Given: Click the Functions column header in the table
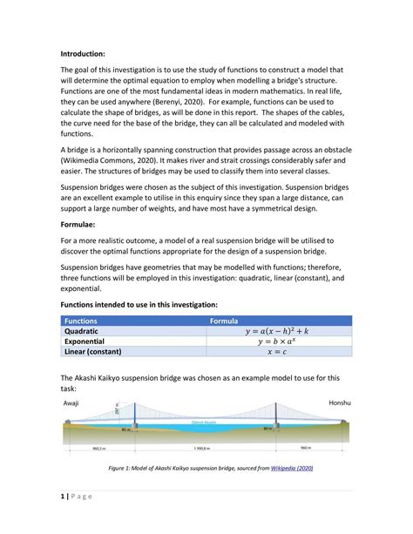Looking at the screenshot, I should pyautogui.click(x=81, y=321).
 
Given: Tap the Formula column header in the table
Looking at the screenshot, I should pyautogui.click(x=232, y=321).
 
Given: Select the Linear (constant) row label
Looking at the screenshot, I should pyautogui.click(x=98, y=353).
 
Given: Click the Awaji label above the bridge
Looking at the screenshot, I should pyautogui.click(x=71, y=404).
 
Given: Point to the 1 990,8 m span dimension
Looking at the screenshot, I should pyautogui.click(x=202, y=449).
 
